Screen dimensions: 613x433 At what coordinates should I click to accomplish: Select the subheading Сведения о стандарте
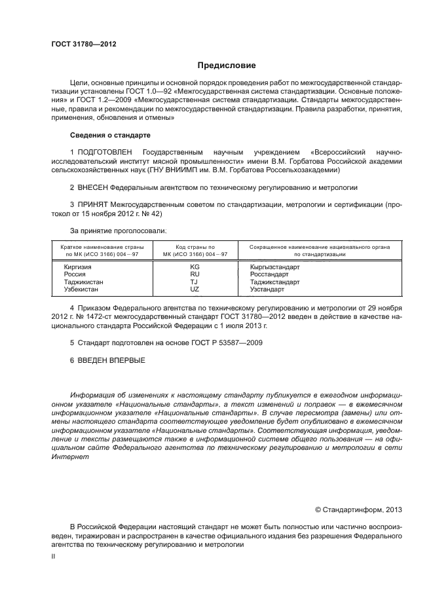coord(110,135)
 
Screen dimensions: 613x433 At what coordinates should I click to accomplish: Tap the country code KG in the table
coord(195,268)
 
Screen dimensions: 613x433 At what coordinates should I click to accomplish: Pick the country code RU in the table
coord(195,275)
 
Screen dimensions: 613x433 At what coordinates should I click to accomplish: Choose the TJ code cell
coord(195,282)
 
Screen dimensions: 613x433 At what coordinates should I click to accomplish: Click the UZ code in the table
coord(195,289)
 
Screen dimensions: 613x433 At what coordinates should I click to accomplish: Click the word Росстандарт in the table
coord(269,275)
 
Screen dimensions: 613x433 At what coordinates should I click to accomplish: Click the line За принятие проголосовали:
coord(118,231)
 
